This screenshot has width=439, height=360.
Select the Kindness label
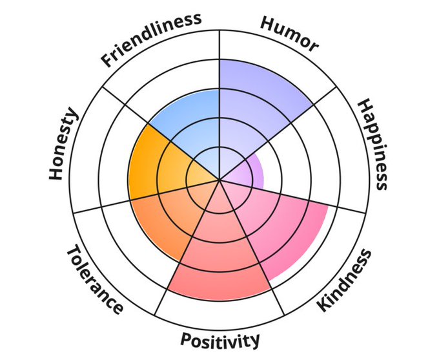[345, 280]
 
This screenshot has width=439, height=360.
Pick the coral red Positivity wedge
[219, 259]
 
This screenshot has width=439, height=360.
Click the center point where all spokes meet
[219, 180]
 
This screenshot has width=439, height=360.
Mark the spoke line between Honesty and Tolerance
[129, 200]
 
